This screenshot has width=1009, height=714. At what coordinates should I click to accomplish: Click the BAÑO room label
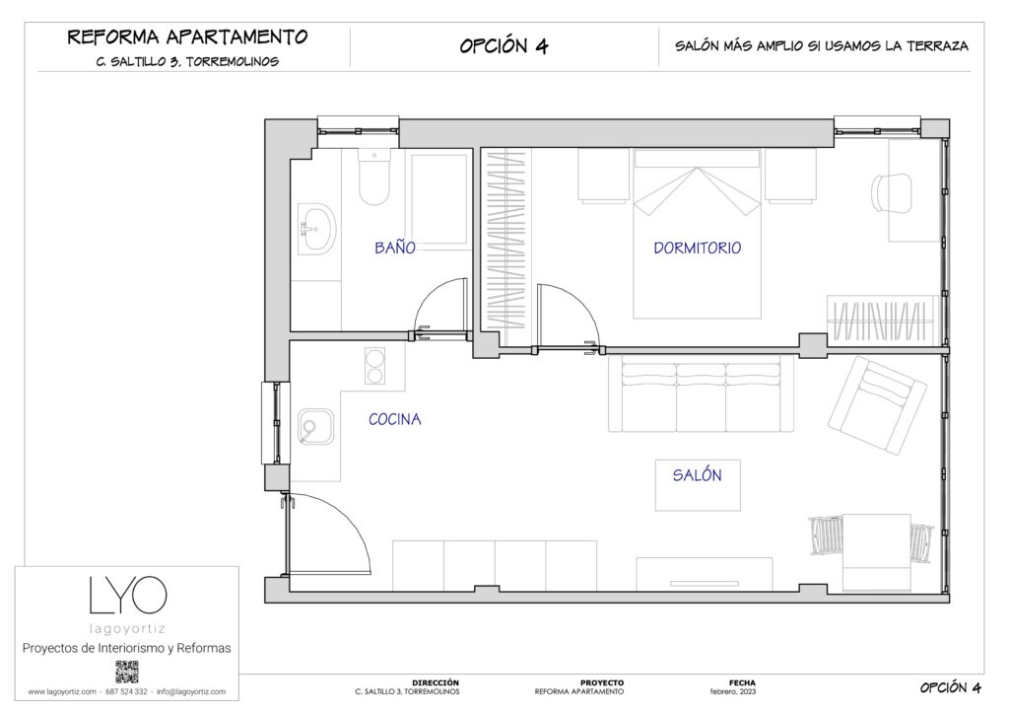tap(394, 249)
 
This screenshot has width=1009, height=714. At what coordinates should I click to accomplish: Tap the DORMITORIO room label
tap(697, 249)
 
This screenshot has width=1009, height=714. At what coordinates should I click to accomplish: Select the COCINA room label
tap(394, 419)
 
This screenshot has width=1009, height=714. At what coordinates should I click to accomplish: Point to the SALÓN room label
tap(697, 475)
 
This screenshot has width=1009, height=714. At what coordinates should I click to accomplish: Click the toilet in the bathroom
tap(374, 178)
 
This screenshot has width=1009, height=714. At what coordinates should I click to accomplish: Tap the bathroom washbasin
tap(315, 230)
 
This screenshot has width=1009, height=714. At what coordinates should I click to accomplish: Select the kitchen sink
tap(314, 427)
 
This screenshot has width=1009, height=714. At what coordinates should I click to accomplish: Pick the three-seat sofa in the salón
tap(701, 394)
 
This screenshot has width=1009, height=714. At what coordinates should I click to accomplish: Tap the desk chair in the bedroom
tap(893, 190)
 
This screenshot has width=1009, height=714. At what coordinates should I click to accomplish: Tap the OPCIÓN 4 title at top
tap(504, 46)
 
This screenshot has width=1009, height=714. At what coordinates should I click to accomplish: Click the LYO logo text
tap(127, 596)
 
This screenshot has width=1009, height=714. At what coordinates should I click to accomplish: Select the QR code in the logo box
tap(127, 673)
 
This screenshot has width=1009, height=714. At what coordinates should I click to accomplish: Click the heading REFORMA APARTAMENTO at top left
tap(187, 37)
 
